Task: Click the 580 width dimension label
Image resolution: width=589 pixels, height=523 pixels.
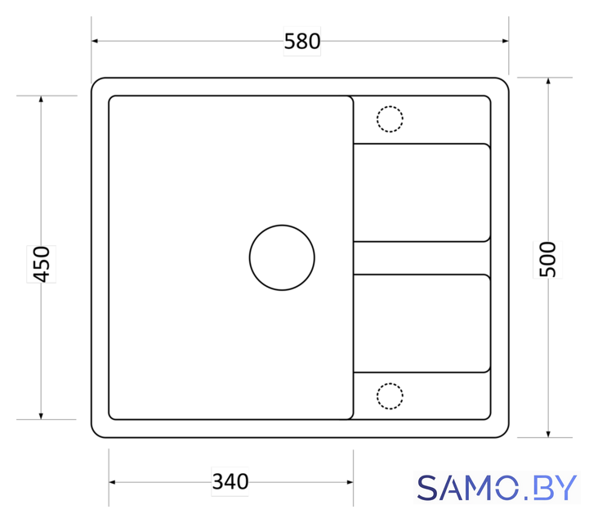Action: tap(302, 42)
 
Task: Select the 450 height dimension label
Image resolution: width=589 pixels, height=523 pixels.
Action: tap(42, 264)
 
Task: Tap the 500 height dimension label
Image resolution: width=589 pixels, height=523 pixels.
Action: tap(547, 260)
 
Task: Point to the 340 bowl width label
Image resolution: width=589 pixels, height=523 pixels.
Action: tap(230, 481)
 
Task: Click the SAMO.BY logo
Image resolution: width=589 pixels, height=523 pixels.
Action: tap(497, 488)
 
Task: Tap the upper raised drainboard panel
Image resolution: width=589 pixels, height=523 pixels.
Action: tap(422, 193)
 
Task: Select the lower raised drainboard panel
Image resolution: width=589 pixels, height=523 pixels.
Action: tap(422, 324)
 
